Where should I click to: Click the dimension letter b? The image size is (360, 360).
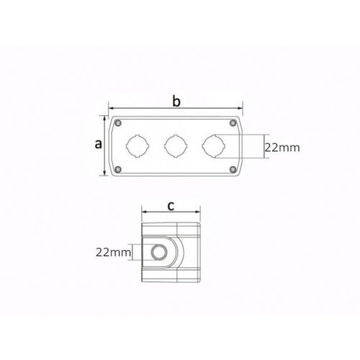pos(176,102)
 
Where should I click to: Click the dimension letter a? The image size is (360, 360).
pos(99,144)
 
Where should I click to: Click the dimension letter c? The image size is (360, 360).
pos(171,206)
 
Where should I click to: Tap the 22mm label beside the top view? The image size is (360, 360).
pos(282,148)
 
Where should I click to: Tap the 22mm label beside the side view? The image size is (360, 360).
pos(114,252)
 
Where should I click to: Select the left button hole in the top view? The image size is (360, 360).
pos(138,146)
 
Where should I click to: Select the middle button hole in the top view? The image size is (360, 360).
pos(176,146)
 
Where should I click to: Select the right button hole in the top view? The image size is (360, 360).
pos(214,146)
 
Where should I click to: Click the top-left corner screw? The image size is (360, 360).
pos(118,123)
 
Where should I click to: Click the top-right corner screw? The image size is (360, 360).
pos(233,123)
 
